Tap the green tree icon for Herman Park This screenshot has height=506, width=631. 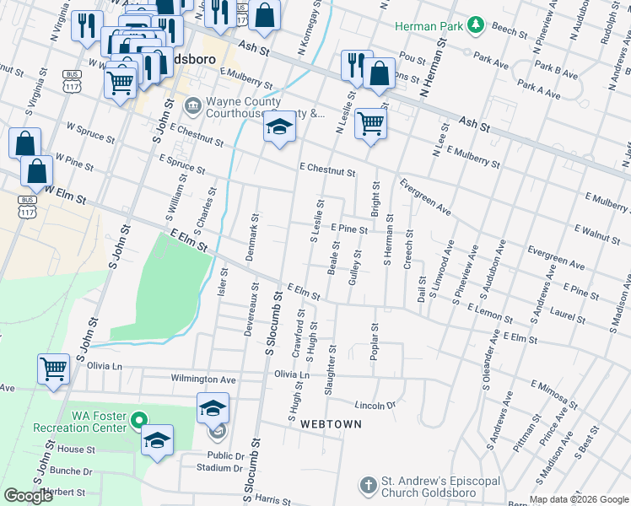point(474,26)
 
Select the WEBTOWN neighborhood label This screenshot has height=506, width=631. point(331,423)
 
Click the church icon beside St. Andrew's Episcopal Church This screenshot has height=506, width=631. point(367,486)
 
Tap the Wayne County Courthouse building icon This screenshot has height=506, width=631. point(191,106)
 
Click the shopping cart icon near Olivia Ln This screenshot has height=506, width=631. point(53,369)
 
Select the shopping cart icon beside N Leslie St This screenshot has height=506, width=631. point(370,124)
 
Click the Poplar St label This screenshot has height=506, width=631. point(373,342)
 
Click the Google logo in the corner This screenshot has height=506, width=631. point(29,496)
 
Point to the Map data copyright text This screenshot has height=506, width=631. point(579,498)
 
